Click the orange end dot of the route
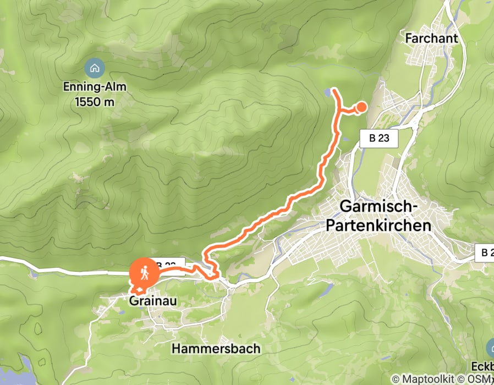pos(362,107)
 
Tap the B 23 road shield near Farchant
pos(378,138)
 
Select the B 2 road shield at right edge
pos(485,252)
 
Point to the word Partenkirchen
pos(378,225)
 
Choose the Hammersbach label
pos(216,348)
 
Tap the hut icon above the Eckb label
pos(491,347)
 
